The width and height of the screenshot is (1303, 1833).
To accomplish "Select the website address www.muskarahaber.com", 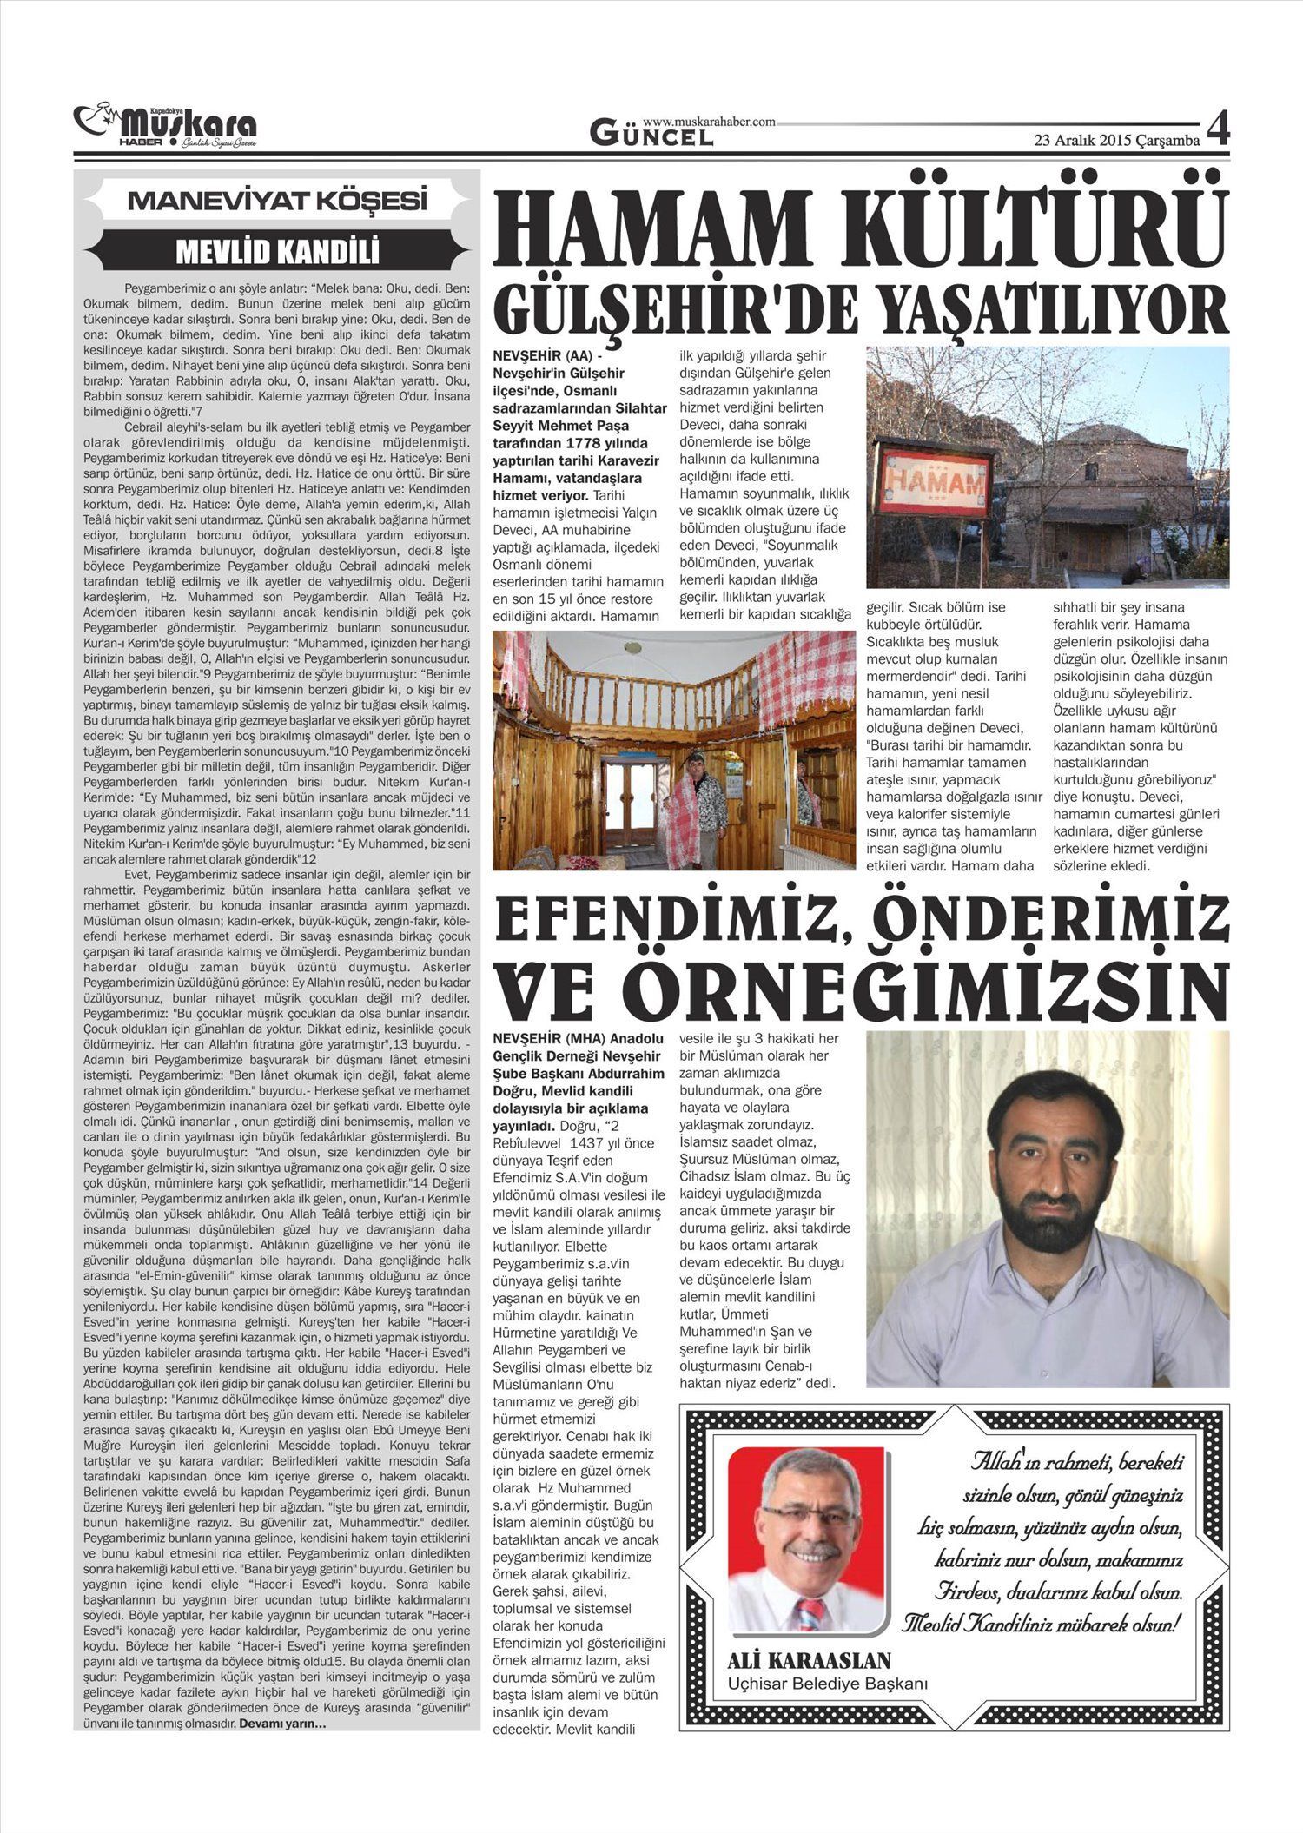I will (709, 122).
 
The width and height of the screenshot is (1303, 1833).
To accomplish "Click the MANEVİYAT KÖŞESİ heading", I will (277, 202).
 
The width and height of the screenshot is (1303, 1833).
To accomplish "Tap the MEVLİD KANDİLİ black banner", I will (277, 252).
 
